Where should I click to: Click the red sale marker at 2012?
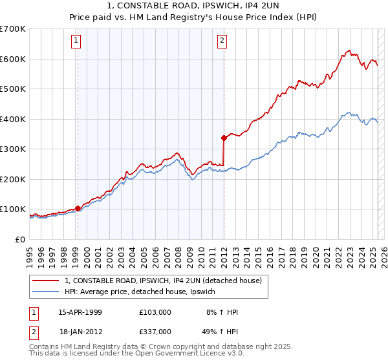[x=224, y=138]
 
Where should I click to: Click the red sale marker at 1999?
[x=78, y=208]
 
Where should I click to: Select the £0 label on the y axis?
[x=20, y=239]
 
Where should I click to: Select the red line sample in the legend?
[x=45, y=281]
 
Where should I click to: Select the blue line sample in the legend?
[x=45, y=292]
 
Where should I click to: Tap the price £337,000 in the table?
[x=155, y=332]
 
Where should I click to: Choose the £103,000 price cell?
[x=155, y=312]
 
